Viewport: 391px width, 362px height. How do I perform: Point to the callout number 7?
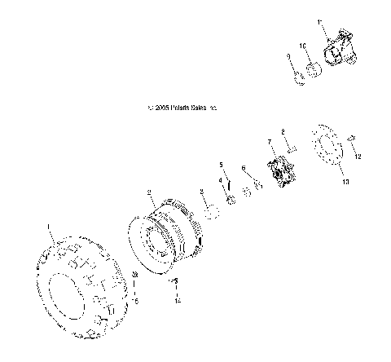click(270, 143)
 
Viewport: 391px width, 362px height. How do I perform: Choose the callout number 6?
click(244, 169)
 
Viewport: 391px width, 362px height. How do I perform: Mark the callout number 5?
click(220, 165)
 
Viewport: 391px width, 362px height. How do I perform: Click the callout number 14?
click(175, 302)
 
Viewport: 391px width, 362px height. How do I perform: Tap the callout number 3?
click(202, 192)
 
